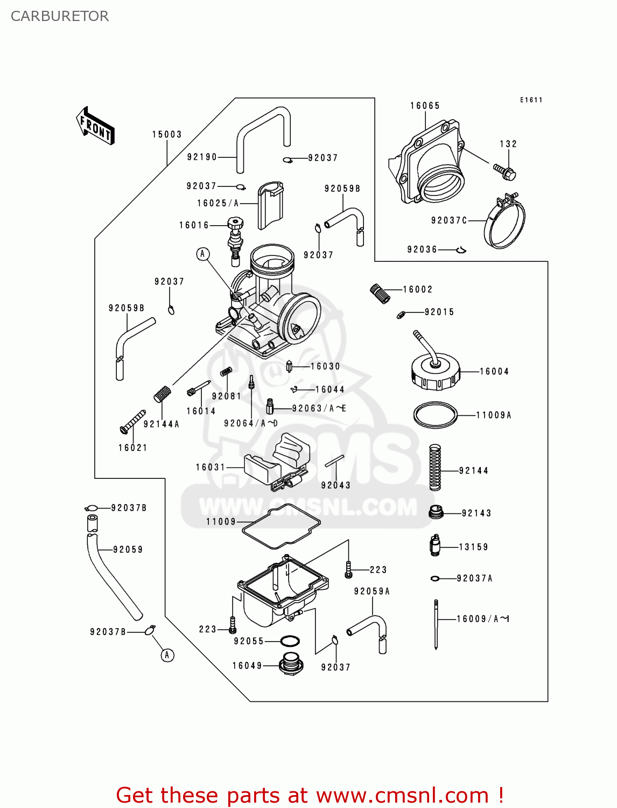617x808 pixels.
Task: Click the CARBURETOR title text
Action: pyautogui.click(x=60, y=16)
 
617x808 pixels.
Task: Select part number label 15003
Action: pyautogui.click(x=167, y=135)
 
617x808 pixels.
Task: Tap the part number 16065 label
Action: pyautogui.click(x=425, y=106)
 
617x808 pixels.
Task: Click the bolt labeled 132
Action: pyautogui.click(x=505, y=172)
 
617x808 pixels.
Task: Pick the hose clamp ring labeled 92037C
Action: pyautogui.click(x=505, y=222)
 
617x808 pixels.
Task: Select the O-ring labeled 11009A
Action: pyautogui.click(x=435, y=415)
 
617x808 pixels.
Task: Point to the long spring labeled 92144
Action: pyautogui.click(x=435, y=467)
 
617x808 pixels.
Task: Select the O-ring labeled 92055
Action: pyautogui.click(x=290, y=641)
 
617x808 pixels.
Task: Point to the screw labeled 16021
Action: pyautogui.click(x=132, y=421)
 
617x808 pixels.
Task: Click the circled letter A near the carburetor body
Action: pyautogui.click(x=203, y=254)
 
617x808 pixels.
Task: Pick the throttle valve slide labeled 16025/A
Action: pyautogui.click(x=270, y=205)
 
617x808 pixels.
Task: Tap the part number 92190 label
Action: pyautogui.click(x=202, y=157)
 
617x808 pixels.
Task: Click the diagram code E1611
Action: pyautogui.click(x=531, y=100)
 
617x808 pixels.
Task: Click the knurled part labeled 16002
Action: pyautogui.click(x=380, y=294)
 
